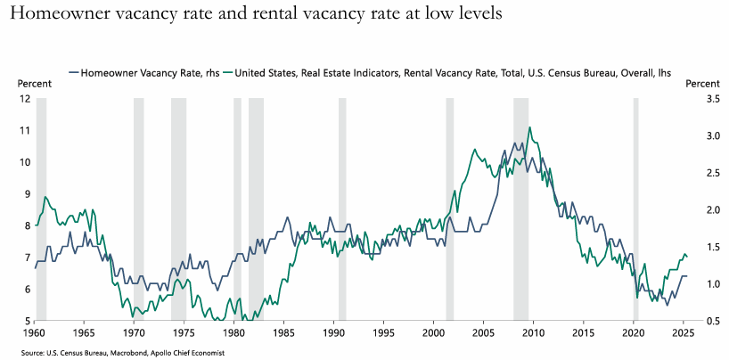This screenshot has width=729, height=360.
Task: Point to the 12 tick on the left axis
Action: (24, 98)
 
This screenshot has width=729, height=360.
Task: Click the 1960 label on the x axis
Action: (35, 333)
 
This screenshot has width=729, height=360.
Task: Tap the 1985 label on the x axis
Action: (283, 333)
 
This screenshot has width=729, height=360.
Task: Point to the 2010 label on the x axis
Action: (533, 333)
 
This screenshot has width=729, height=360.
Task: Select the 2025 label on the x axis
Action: (683, 333)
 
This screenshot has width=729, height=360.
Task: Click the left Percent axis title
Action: (33, 83)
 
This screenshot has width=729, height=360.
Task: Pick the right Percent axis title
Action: (701, 83)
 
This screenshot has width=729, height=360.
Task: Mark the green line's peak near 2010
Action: (530, 127)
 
